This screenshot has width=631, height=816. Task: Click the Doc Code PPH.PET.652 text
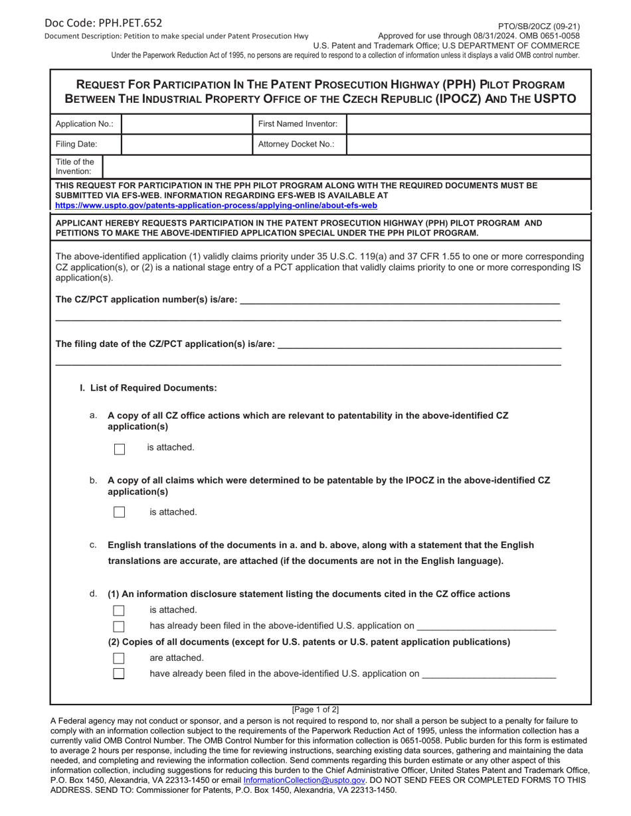pyautogui.click(x=103, y=23)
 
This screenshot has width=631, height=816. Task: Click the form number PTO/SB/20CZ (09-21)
pyautogui.click(x=539, y=27)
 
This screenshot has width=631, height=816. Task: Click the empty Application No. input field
pyautogui.click(x=187, y=124)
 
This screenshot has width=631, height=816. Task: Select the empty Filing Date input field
pyautogui.click(x=187, y=144)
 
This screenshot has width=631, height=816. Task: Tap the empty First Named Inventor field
pyautogui.click(x=468, y=124)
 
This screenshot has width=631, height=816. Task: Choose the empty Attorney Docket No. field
pyautogui.click(x=468, y=144)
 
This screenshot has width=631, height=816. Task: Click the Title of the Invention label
pyautogui.click(x=75, y=167)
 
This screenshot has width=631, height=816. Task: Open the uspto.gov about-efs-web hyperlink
pyautogui.click(x=216, y=206)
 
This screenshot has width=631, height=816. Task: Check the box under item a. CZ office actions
pyautogui.click(x=120, y=449)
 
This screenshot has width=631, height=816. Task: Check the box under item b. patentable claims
pyautogui.click(x=120, y=512)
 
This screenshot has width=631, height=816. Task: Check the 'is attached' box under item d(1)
pyautogui.click(x=119, y=610)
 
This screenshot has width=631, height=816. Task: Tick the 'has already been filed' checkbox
pyautogui.click(x=119, y=626)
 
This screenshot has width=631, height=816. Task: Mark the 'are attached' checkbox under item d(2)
pyautogui.click(x=119, y=658)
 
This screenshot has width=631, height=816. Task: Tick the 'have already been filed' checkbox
pyautogui.click(x=119, y=674)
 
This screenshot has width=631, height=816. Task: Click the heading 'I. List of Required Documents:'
pyautogui.click(x=148, y=388)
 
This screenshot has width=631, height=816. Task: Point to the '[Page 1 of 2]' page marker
pyautogui.click(x=315, y=709)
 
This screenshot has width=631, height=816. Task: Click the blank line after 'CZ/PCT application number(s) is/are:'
pyautogui.click(x=399, y=300)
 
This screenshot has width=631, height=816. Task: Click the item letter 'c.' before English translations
pyautogui.click(x=93, y=545)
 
